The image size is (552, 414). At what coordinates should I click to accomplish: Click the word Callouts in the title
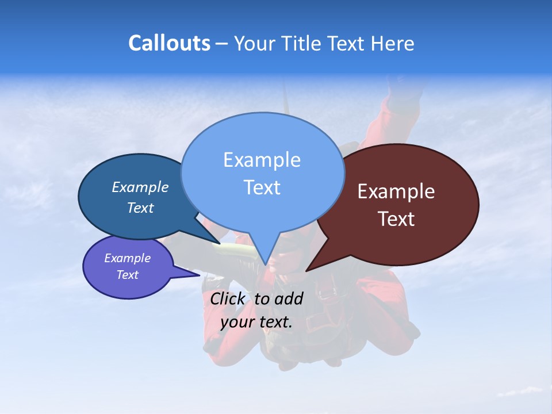169,43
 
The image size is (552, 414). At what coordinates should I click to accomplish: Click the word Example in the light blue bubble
262,160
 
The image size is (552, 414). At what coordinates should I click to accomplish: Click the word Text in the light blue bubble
262,187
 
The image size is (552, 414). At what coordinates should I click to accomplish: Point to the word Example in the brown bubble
396,191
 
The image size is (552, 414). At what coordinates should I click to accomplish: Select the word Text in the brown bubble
396,219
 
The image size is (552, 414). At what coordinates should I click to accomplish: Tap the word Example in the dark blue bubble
140,187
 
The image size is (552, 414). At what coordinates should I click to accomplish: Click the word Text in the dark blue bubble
140,208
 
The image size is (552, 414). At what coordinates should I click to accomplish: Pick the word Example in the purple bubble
127,258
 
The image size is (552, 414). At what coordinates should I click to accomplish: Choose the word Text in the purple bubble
127,275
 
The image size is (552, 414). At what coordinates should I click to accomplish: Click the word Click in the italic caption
229,298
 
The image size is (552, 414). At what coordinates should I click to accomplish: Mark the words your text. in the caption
256,322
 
